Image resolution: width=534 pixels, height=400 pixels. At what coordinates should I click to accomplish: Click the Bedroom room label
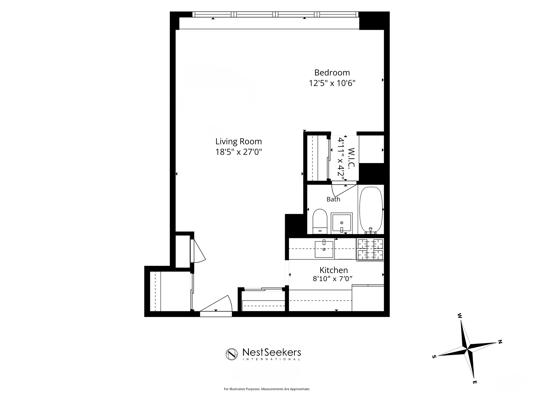(332, 72)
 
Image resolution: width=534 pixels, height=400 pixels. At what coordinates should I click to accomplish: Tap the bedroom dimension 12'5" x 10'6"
(332, 83)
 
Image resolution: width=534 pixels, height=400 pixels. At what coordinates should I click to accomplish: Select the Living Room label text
(239, 141)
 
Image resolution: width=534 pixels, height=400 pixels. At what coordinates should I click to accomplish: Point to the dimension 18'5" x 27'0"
(239, 152)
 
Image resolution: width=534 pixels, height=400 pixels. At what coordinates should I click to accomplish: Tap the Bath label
(333, 199)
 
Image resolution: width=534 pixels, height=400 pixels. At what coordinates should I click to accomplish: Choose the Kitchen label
(333, 270)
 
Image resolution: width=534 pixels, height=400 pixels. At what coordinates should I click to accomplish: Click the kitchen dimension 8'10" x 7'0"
(333, 279)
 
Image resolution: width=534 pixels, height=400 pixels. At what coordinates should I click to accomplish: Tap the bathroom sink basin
(342, 223)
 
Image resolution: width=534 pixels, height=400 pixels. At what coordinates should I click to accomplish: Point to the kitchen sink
(324, 249)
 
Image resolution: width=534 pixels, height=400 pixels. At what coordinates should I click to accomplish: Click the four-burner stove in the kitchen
(370, 249)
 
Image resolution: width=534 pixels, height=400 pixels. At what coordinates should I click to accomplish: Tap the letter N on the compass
(500, 342)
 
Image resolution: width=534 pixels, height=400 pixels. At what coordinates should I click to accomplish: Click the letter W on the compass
(460, 316)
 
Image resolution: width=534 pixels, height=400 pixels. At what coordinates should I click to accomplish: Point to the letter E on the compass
(475, 382)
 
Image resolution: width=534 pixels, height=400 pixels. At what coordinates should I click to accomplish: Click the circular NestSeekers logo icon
(232, 354)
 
